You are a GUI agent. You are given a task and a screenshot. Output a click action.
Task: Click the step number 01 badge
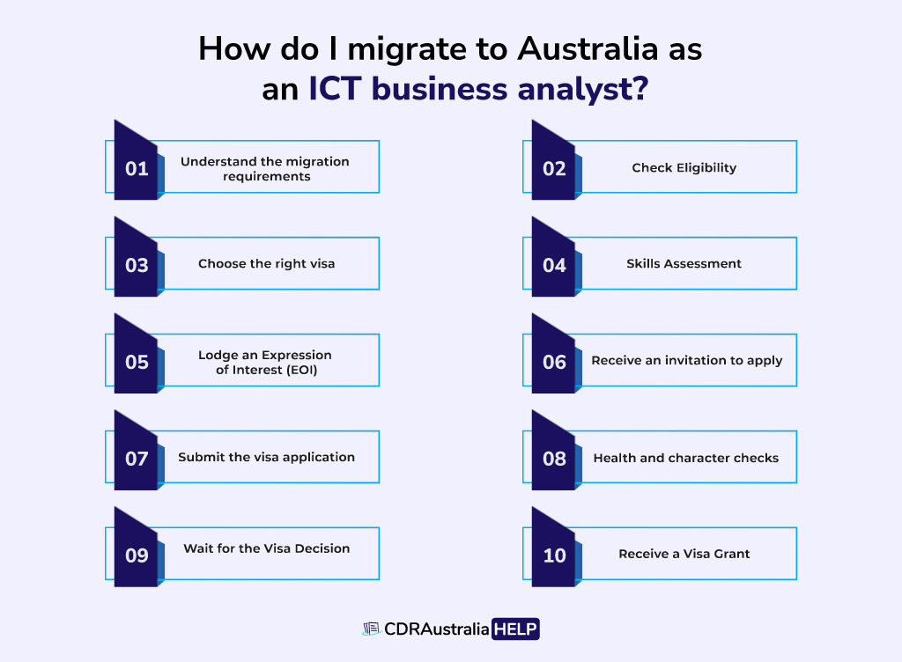[137, 168]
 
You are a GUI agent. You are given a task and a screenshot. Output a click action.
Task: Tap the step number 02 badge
[554, 168]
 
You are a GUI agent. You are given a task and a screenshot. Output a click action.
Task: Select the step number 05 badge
[137, 362]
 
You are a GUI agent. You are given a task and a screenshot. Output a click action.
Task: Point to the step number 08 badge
[554, 459]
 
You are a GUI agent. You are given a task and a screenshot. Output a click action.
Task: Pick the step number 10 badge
[554, 555]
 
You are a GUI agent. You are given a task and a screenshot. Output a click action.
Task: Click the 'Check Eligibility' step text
[684, 167]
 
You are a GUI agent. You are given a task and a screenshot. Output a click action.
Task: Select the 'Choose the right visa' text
[266, 263]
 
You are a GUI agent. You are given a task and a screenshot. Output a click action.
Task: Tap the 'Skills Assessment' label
[684, 263]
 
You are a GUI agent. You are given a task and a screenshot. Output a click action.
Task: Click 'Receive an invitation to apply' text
[686, 360]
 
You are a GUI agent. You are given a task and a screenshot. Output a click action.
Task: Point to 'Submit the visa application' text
[266, 457]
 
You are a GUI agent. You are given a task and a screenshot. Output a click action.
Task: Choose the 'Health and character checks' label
[685, 457]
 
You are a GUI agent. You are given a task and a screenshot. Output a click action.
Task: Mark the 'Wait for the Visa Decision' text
[266, 548]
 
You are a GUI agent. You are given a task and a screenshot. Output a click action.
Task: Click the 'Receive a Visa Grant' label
[684, 554]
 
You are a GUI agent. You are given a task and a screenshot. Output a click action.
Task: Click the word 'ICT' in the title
[336, 90]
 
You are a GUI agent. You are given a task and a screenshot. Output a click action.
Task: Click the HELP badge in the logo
[516, 629]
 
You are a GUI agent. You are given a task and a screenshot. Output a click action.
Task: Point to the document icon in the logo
[371, 629]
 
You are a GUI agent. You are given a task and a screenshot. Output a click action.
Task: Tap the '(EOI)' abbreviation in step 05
[298, 370]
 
